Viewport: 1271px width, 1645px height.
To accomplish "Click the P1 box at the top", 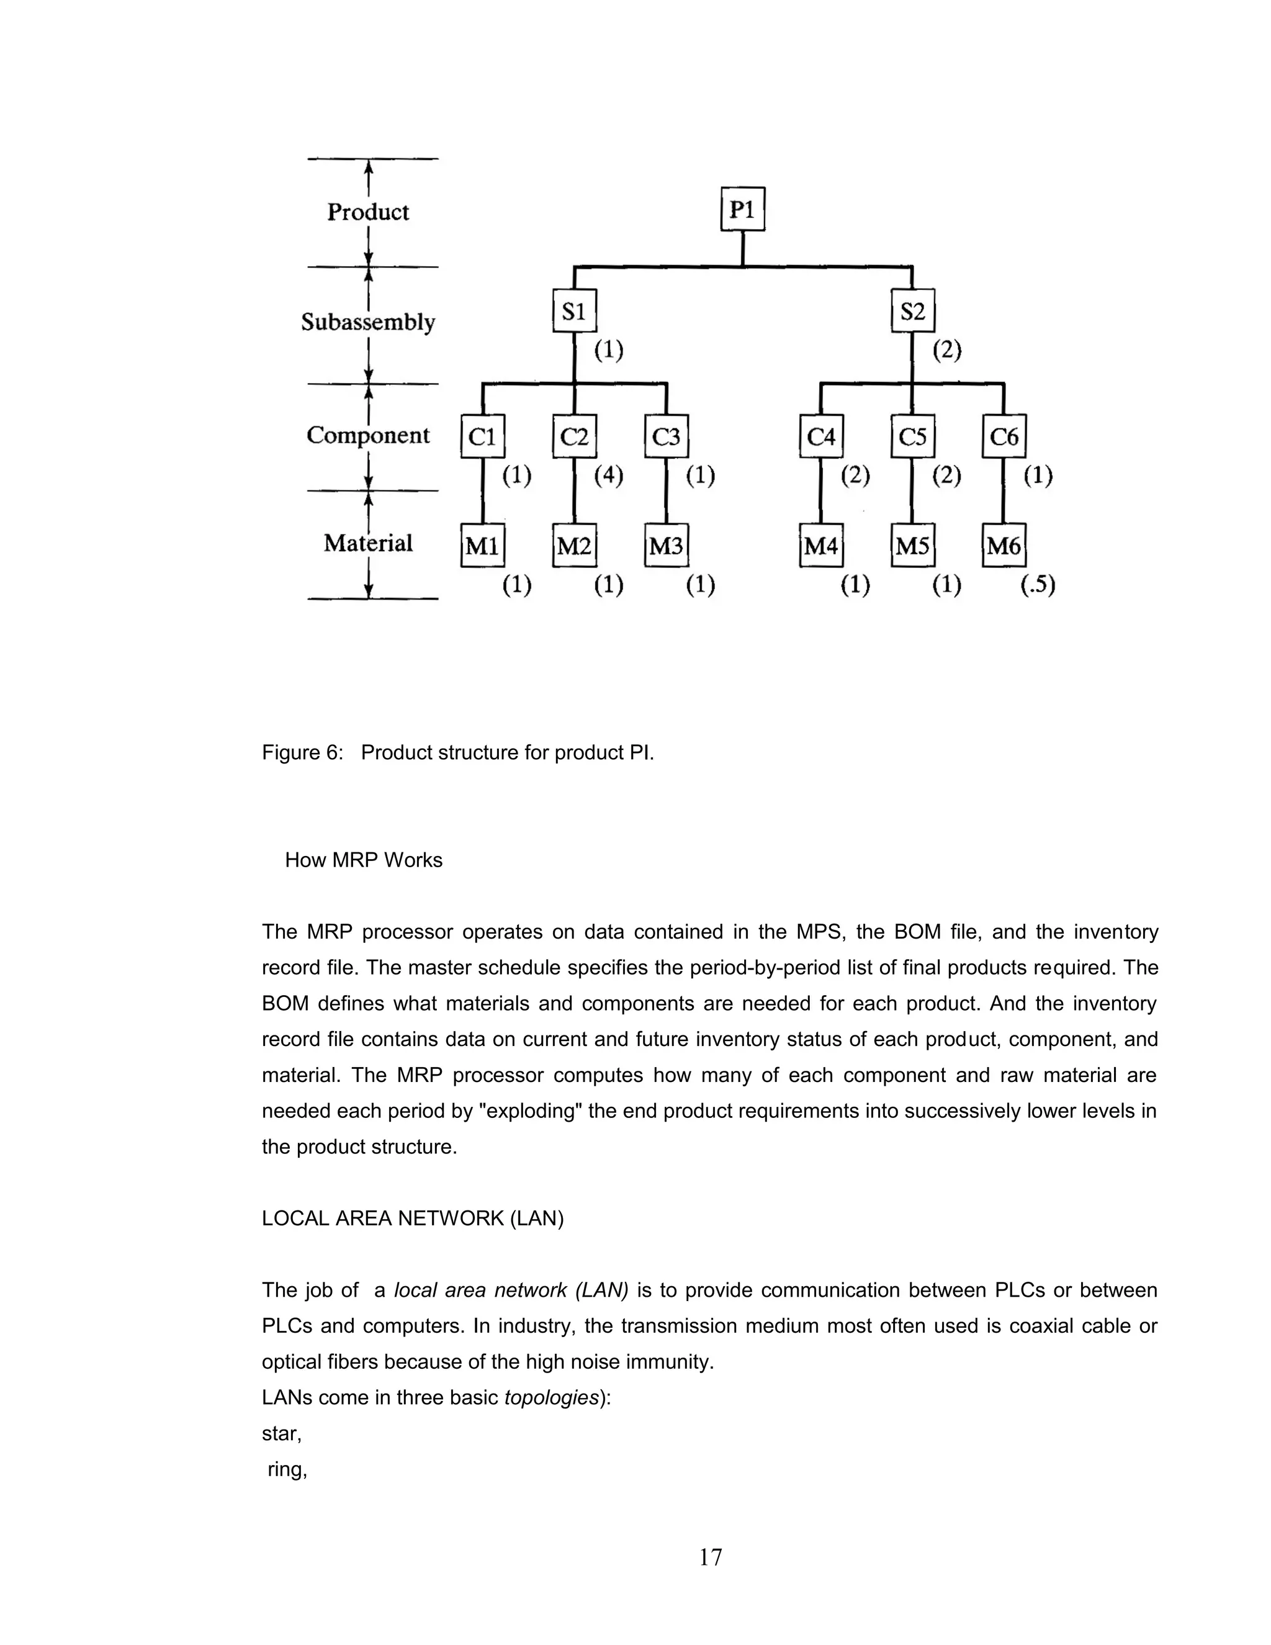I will click(x=742, y=209).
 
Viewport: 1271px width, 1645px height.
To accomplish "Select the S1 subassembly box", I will click(x=574, y=310).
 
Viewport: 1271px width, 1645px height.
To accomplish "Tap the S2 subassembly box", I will click(x=912, y=310).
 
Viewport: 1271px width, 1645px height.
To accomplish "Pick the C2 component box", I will click(x=574, y=436).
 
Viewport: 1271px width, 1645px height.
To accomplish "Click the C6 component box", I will click(x=1004, y=436).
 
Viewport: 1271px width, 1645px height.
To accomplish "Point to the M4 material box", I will click(x=820, y=545).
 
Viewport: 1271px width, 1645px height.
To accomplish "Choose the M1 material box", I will click(x=482, y=545).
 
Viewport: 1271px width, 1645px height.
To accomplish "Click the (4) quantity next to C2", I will click(x=608, y=476).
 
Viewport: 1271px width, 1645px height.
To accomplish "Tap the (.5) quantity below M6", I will click(x=1038, y=585).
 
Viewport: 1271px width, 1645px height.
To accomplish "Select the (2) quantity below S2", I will click(x=946, y=350).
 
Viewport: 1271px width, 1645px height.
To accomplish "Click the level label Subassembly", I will click(x=367, y=322).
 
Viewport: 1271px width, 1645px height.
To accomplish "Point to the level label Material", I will click(x=367, y=543).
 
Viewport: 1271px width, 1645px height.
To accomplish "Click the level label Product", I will click(x=367, y=212).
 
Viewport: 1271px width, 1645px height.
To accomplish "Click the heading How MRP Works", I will click(x=363, y=860).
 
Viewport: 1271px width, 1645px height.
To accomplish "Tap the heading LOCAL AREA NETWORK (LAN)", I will click(x=412, y=1219).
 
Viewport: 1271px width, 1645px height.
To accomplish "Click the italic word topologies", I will click(x=551, y=1398).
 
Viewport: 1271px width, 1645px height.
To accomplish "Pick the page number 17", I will click(x=710, y=1557).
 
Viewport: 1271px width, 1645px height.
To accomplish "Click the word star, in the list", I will click(x=282, y=1434).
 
